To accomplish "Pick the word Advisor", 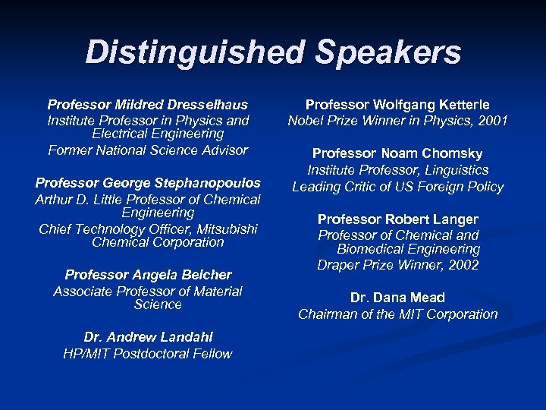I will coord(221,150).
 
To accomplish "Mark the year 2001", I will coord(492,121).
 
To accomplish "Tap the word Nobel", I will coord(307,121).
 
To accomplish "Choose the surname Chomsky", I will coord(454,154).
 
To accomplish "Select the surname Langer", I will coord(453,219).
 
